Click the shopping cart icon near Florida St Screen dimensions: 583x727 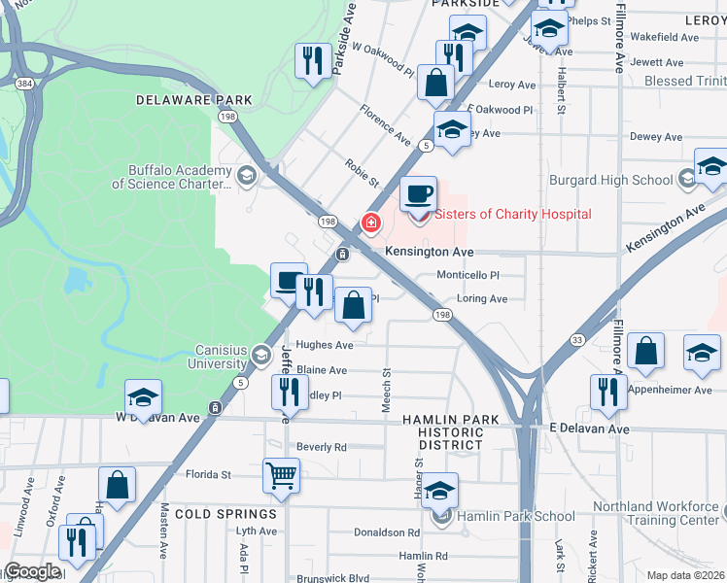pos(281,475)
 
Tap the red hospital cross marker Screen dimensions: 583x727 pos(370,223)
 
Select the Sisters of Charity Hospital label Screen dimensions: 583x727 pos(512,214)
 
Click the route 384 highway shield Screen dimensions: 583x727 pos(24,85)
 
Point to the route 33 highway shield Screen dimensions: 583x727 pos(576,339)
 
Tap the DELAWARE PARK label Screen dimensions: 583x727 pos(194,100)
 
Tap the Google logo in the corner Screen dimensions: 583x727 pos(32,571)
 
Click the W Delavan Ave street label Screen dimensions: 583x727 pos(157,417)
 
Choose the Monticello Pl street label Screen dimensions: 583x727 pos(467,276)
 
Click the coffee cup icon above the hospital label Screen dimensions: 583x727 pos(418,193)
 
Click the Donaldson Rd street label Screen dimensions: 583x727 pos(387,532)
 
